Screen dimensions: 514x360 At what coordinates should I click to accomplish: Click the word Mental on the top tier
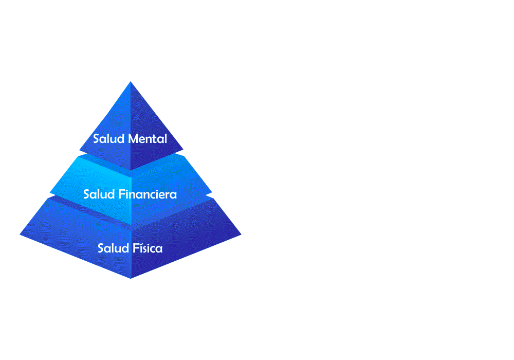(x=148, y=139)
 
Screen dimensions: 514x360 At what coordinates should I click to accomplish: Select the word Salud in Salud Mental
(x=108, y=139)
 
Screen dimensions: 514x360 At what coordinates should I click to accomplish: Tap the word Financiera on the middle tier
(x=148, y=194)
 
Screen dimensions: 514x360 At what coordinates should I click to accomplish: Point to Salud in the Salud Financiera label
(x=99, y=194)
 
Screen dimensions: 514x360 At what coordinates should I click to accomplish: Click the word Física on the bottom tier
(x=148, y=248)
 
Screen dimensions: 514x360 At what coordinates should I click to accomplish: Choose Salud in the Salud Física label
(x=113, y=248)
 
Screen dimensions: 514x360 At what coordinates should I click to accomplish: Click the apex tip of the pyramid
(x=131, y=82)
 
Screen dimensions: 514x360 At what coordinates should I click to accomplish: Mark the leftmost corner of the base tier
(x=20, y=235)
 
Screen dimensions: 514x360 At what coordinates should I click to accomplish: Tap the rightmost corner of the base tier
(x=241, y=235)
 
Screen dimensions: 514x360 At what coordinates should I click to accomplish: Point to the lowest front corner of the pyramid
(x=131, y=278)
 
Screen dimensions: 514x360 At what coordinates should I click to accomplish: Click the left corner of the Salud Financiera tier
(x=50, y=192)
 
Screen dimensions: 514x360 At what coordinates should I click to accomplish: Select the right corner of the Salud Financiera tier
(x=212, y=192)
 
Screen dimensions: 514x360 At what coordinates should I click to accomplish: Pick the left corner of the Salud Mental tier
(x=79, y=150)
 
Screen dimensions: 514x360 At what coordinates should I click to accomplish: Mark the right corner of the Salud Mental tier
(x=183, y=150)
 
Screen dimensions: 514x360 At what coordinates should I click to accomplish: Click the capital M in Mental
(x=134, y=139)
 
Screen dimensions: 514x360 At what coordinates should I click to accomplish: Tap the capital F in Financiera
(x=121, y=194)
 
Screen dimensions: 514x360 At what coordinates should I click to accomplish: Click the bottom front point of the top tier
(x=131, y=171)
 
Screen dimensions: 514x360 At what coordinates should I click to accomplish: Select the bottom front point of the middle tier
(x=132, y=225)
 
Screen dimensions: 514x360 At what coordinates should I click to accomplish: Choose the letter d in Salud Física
(x=125, y=248)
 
